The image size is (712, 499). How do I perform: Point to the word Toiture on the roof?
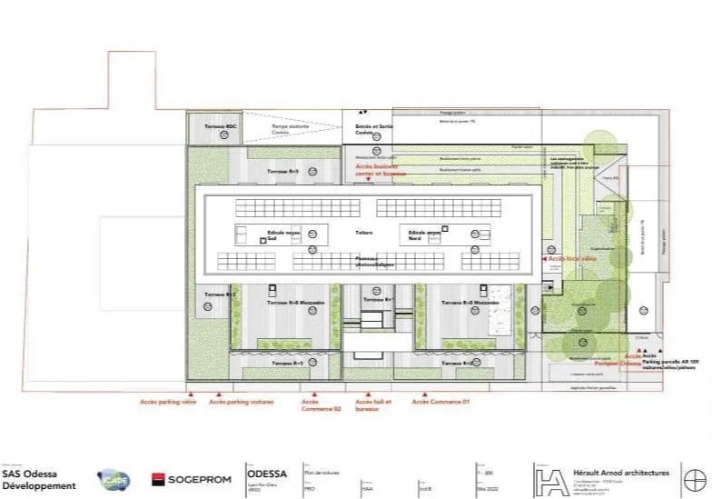[x=364, y=233]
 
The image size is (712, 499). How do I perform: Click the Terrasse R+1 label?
[x=376, y=299]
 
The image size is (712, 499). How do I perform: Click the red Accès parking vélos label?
[x=168, y=401]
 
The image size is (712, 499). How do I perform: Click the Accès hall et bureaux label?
[x=372, y=404]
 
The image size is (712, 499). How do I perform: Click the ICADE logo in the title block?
[x=114, y=479]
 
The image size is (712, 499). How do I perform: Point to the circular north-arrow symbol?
[x=694, y=478]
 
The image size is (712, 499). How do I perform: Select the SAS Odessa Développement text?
[x=39, y=479]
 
